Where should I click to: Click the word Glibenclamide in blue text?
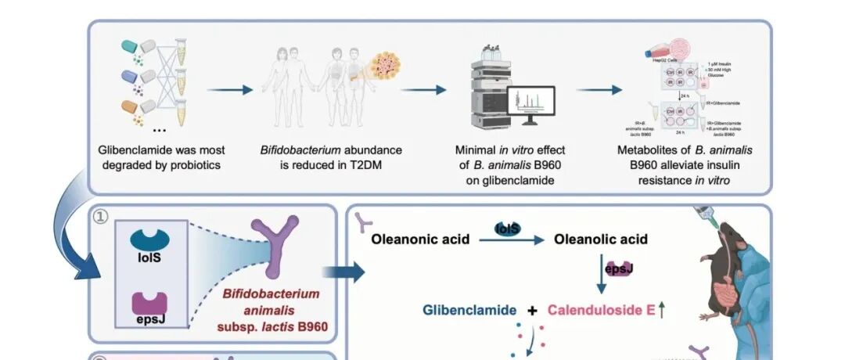(x=469, y=310)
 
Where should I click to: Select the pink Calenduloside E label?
(x=601, y=310)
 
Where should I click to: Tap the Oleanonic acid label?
(x=420, y=239)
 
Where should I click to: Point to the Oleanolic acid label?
(x=601, y=239)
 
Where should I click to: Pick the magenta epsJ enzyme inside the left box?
(x=148, y=301)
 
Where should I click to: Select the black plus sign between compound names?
(x=533, y=310)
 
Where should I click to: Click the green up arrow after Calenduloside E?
(x=662, y=310)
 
